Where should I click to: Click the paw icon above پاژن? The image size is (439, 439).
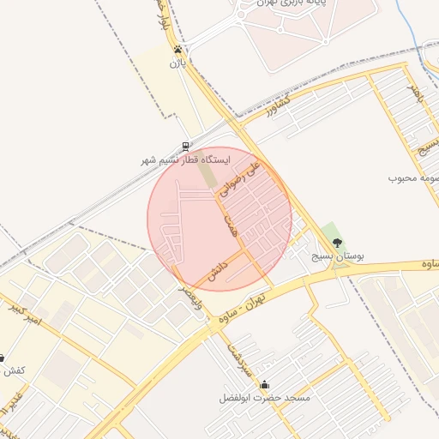click(x=177, y=49)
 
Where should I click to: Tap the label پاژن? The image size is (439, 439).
click(x=177, y=63)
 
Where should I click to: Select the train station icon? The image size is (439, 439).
click(x=186, y=147)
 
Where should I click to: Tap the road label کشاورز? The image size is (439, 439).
click(x=279, y=106)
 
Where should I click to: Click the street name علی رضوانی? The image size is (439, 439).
click(x=238, y=177)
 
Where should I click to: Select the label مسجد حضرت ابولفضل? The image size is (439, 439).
click(x=265, y=399)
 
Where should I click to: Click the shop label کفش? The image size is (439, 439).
click(x=13, y=371)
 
